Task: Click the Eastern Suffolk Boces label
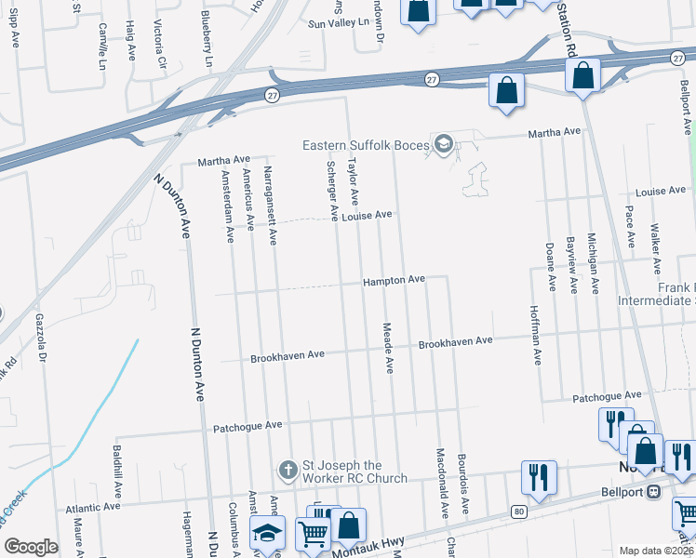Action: [x=366, y=145]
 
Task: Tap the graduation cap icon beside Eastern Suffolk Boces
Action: [x=444, y=144]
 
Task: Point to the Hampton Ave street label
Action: [x=394, y=279]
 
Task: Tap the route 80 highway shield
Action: [x=517, y=511]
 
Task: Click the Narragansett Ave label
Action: [x=270, y=206]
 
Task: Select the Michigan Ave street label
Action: [x=592, y=264]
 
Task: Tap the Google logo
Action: [x=30, y=547]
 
